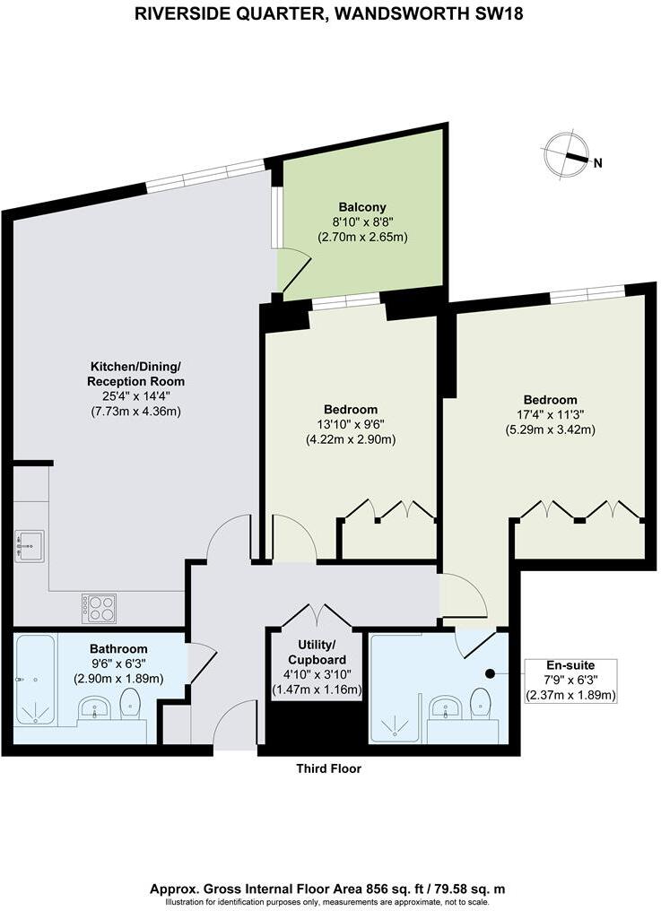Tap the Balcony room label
362,206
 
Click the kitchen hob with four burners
99,609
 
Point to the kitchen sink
30,544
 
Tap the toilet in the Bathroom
132,705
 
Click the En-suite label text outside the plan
571,665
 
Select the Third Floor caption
330,768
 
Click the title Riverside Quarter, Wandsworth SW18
329,13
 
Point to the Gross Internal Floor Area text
329,888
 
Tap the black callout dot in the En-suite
490,673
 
